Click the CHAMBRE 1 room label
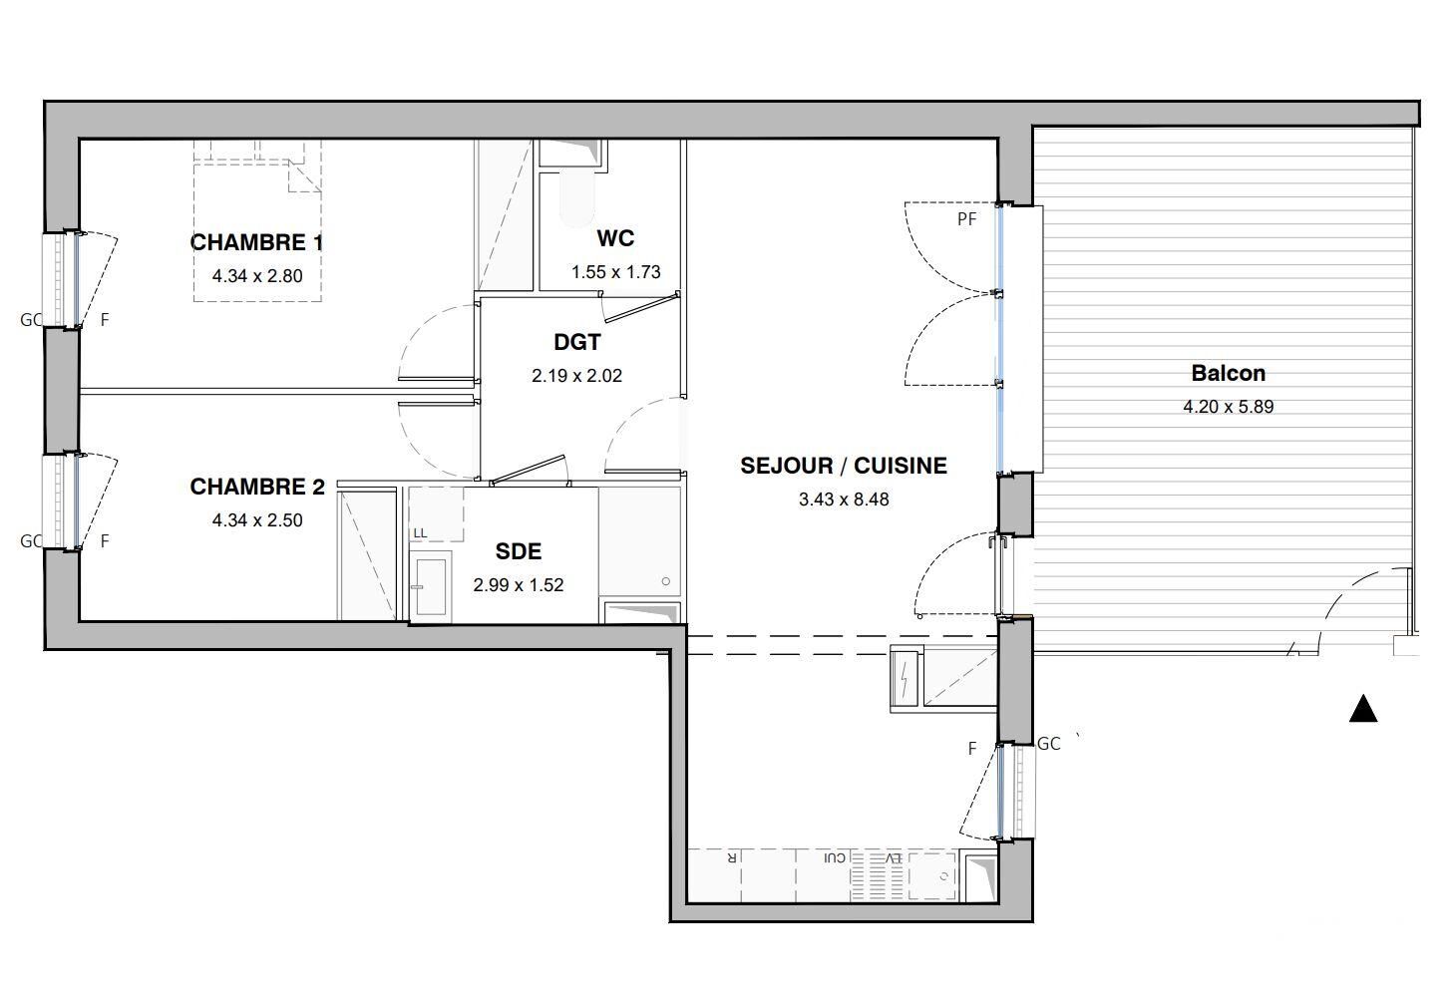point(256,242)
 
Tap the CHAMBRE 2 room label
point(257,487)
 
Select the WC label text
point(615,238)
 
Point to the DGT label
point(577,342)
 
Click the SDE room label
point(518,551)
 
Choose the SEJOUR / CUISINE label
point(844,466)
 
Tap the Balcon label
point(1228,373)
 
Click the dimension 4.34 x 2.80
point(257,276)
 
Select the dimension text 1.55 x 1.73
point(615,272)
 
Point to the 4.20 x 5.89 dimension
point(1228,407)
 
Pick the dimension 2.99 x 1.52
point(518,585)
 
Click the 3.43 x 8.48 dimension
point(844,500)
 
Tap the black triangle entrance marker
point(1363,709)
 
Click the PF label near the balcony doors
point(966,219)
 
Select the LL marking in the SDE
point(420,533)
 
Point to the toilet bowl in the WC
point(575,198)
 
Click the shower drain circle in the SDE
point(665,581)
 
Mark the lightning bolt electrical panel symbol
point(905,679)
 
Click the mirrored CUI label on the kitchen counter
point(835,857)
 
